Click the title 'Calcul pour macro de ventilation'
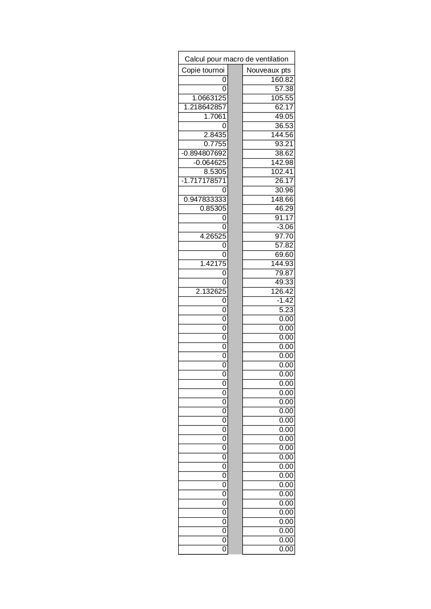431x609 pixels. [x=236, y=59]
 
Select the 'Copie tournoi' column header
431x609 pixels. [x=203, y=70]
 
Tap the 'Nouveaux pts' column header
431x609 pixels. [x=268, y=70]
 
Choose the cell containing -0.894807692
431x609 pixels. [x=204, y=153]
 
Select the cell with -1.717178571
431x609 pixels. [x=204, y=181]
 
